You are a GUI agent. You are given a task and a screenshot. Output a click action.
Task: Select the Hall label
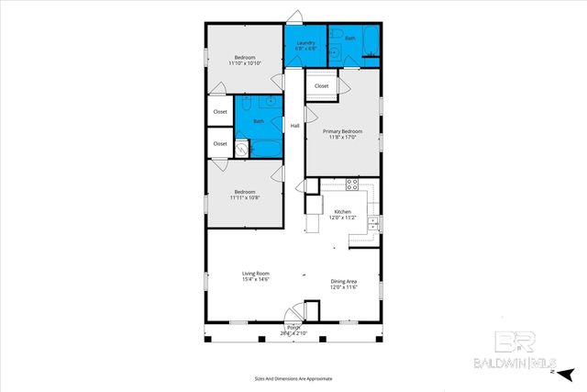click(x=294, y=126)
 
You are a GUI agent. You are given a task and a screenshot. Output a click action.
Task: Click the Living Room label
click(x=255, y=276)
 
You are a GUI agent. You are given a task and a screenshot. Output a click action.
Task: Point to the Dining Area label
click(x=343, y=284)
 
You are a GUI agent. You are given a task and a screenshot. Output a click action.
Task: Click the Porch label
click(x=293, y=330)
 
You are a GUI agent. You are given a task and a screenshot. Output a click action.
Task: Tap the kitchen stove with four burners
click(x=351, y=185)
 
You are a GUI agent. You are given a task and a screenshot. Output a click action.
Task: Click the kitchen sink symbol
click(x=372, y=223)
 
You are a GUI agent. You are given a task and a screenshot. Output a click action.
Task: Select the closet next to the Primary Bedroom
click(x=321, y=86)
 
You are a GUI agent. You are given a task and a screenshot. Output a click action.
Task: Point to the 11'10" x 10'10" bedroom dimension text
click(x=245, y=62)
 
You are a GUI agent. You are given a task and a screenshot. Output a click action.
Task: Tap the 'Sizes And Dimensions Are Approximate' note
click(x=293, y=378)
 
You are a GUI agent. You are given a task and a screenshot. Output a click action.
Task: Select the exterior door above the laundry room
click(x=293, y=17)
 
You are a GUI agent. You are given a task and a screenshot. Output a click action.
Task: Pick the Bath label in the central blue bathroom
click(x=259, y=121)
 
